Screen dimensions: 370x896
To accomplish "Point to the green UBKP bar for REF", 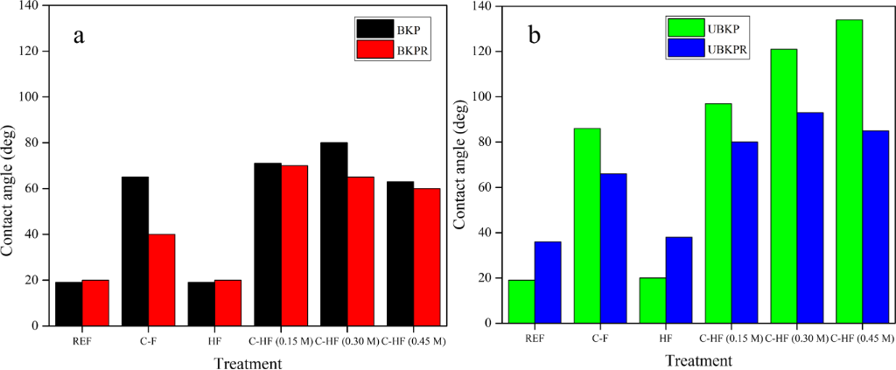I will (521, 302).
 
